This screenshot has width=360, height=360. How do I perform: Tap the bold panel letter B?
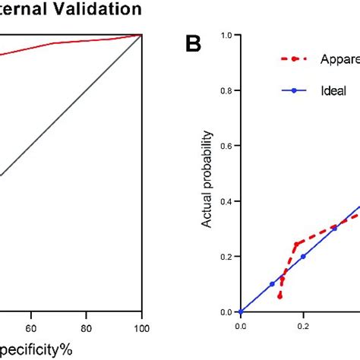click(x=194, y=45)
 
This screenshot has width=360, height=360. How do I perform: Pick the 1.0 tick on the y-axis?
click(x=226, y=35)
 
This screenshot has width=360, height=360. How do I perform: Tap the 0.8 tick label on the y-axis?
click(x=226, y=90)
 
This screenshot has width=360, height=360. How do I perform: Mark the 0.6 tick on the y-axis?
click(x=226, y=146)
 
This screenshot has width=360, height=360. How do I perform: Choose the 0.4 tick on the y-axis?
click(x=226, y=201)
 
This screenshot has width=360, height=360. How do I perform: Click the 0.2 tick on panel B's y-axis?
click(x=226, y=257)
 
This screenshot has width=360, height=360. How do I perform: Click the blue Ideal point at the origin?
click(x=240, y=312)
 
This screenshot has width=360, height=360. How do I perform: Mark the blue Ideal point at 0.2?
click(x=303, y=257)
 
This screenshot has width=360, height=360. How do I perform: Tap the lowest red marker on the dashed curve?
click(x=279, y=296)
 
